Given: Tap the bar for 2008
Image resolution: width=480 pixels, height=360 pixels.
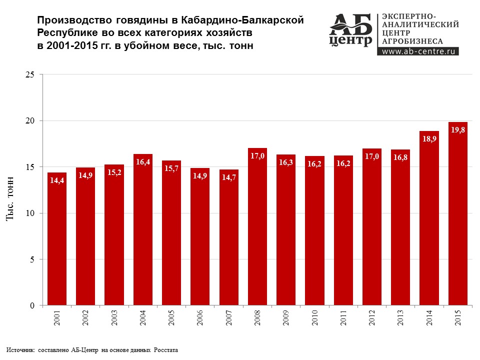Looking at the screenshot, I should pyautogui.click(x=257, y=227).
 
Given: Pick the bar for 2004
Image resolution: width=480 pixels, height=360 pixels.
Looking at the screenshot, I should pyautogui.click(x=143, y=230).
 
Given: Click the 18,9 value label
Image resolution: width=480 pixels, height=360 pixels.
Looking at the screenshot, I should pyautogui.click(x=429, y=139).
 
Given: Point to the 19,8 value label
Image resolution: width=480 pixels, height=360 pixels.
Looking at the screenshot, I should pyautogui.click(x=458, y=130).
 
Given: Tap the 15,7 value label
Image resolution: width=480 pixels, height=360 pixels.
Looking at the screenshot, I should pyautogui.click(x=171, y=169).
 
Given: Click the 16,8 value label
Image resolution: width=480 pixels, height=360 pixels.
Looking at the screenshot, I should pyautogui.click(x=400, y=158).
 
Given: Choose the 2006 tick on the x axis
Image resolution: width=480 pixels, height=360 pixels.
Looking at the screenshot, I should pyautogui.click(x=200, y=318).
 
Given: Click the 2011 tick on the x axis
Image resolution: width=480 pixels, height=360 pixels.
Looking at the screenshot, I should pyautogui.click(x=343, y=318).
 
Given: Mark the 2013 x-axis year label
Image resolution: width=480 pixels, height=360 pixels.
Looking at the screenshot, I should pyautogui.click(x=400, y=318).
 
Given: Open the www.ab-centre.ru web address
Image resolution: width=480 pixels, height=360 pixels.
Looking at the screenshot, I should pyautogui.click(x=419, y=50).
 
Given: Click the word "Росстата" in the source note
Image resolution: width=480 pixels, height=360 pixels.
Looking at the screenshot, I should pyautogui.click(x=165, y=350).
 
